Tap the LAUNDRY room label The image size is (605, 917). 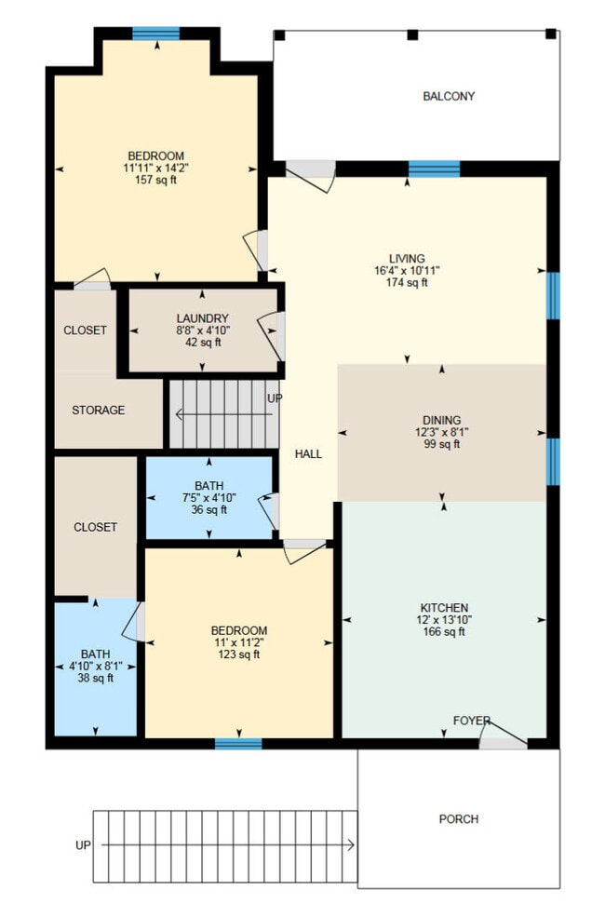click(202, 318)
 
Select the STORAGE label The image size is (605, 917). click(98, 411)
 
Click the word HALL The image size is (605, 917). click(308, 454)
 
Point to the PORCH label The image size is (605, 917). click(458, 819)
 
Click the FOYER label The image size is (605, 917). click(471, 721)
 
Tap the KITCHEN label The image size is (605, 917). click(443, 608)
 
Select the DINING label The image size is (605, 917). click(441, 421)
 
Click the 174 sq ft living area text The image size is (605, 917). click(408, 283)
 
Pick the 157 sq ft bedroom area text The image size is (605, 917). click(155, 180)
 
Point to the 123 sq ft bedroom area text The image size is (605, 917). click(239, 654)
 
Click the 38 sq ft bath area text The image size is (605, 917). click(95, 678)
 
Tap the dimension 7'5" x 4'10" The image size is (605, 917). click(209, 498)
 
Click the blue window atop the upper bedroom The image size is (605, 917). click(155, 34)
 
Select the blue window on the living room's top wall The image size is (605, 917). click(434, 169)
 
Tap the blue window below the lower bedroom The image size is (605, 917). click(238, 743)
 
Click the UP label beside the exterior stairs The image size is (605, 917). click(84, 845)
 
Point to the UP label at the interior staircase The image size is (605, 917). click(276, 398)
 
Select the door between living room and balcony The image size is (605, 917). click(311, 173)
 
